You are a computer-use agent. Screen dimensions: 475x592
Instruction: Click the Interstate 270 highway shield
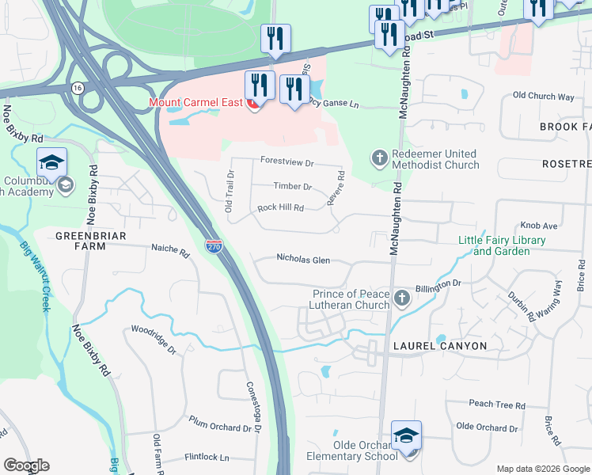click(212, 247)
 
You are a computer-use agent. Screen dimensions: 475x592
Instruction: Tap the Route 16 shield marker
click(77, 86)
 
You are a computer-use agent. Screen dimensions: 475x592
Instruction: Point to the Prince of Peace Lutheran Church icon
click(402, 298)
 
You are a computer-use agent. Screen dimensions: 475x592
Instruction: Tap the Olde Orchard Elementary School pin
click(406, 437)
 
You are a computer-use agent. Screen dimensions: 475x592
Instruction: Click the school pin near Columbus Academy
click(51, 164)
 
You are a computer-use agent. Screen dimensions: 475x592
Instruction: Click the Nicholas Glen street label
click(303, 258)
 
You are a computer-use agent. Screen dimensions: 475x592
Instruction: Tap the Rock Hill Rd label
click(281, 208)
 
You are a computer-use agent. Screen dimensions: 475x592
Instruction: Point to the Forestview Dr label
click(287, 161)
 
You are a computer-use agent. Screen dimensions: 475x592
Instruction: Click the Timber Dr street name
click(293, 187)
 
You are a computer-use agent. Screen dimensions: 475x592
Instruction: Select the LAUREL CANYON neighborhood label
click(442, 346)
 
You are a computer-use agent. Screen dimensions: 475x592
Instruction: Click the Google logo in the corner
click(26, 465)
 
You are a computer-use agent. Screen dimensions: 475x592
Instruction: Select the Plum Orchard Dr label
click(219, 427)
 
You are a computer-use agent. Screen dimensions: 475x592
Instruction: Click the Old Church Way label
click(543, 96)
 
